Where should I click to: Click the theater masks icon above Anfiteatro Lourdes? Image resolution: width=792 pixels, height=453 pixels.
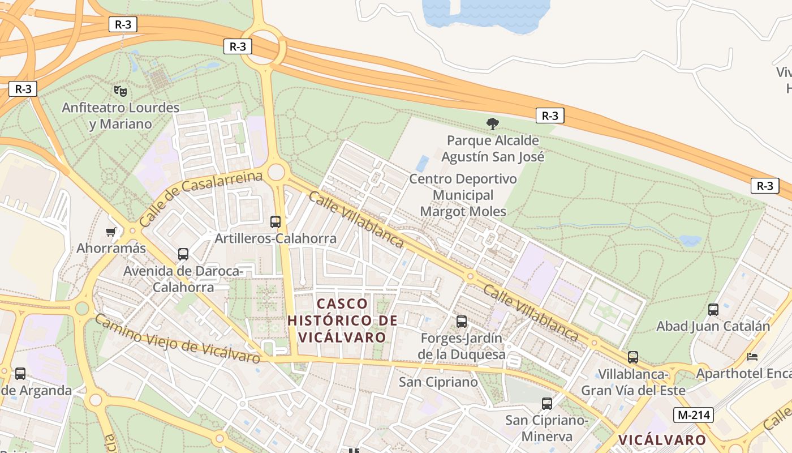pyautogui.click(x=119, y=91)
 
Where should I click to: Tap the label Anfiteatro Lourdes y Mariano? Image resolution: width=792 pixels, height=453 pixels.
pyautogui.click(x=120, y=116)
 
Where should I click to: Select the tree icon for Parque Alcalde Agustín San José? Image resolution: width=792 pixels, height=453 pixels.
pyautogui.click(x=493, y=123)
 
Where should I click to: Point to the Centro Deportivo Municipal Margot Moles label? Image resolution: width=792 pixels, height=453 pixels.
pyautogui.click(x=463, y=195)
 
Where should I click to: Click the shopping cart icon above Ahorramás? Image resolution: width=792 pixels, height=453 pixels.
pyautogui.click(x=111, y=232)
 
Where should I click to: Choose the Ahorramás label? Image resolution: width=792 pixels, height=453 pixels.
pyautogui.click(x=111, y=248)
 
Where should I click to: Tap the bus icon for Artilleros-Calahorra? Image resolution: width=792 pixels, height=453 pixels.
pyautogui.click(x=276, y=222)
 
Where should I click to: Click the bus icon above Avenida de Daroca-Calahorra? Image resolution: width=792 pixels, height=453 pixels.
pyautogui.click(x=183, y=254)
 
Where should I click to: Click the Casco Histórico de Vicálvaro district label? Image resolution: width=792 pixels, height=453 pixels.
pyautogui.click(x=342, y=320)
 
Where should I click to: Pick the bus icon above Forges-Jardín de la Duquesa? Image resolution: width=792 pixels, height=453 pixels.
pyautogui.click(x=462, y=322)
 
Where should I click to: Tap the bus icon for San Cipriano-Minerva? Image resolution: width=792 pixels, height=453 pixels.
pyautogui.click(x=546, y=404)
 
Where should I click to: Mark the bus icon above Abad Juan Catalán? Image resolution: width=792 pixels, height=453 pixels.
pyautogui.click(x=713, y=310)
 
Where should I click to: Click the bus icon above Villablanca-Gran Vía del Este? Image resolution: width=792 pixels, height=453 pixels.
pyautogui.click(x=633, y=357)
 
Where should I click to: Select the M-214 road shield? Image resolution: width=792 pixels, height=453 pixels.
pyautogui.click(x=694, y=415)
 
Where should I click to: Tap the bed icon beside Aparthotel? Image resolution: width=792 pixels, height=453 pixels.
pyautogui.click(x=752, y=357)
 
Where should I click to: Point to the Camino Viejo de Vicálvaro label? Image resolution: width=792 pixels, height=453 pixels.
pyautogui.click(x=177, y=339)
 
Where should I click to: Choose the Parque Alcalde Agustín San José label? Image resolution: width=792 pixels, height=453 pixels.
pyautogui.click(x=493, y=148)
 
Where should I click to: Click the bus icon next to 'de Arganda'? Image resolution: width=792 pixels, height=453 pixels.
pyautogui.click(x=20, y=374)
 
